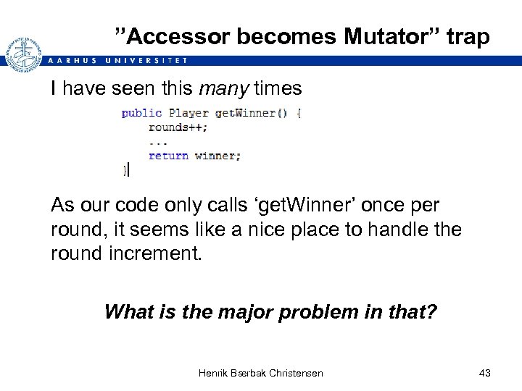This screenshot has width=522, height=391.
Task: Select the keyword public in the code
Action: (x=141, y=113)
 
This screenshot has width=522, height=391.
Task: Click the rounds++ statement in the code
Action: (x=178, y=127)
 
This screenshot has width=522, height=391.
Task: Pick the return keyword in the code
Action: (x=168, y=155)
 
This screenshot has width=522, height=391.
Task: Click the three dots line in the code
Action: (x=158, y=141)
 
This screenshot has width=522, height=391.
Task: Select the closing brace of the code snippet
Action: (x=125, y=169)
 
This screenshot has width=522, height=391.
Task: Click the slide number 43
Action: (x=485, y=373)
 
